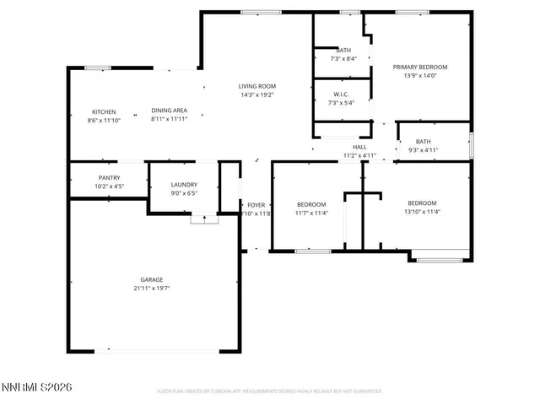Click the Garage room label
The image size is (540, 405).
(152, 279)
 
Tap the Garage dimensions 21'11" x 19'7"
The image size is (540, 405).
(152, 289)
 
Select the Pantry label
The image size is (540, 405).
(109, 177)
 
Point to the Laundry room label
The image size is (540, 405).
(184, 184)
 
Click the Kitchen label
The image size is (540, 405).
(104, 111)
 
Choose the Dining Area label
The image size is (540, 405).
(169, 111)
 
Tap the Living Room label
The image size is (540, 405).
(256, 86)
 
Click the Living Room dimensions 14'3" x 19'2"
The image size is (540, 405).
(256, 94)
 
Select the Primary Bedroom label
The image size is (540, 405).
(420, 67)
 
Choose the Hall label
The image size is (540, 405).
(359, 147)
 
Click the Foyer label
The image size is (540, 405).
(256, 205)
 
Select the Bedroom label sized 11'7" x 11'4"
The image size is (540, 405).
(310, 203)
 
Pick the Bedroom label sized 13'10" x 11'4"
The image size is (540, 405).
(422, 202)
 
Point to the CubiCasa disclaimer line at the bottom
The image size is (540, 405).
(269, 391)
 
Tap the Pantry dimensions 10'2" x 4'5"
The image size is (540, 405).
(109, 186)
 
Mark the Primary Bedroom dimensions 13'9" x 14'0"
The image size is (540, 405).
(420, 76)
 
